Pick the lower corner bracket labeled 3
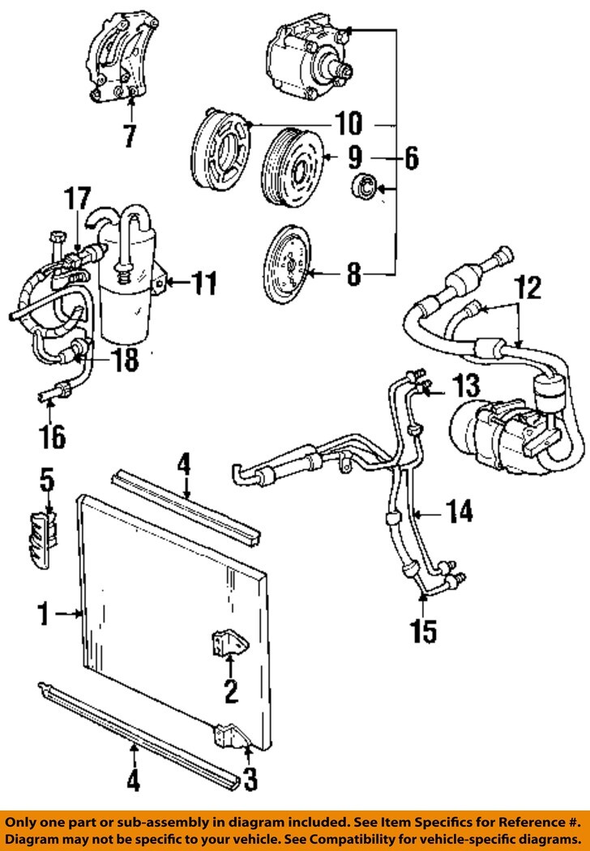point(226,737)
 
